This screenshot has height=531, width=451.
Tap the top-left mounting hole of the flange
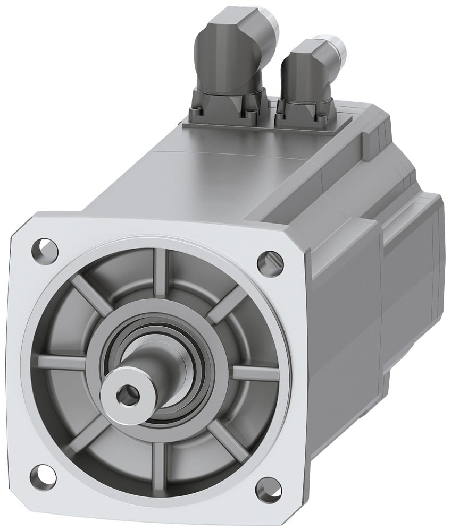coord(45,247)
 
